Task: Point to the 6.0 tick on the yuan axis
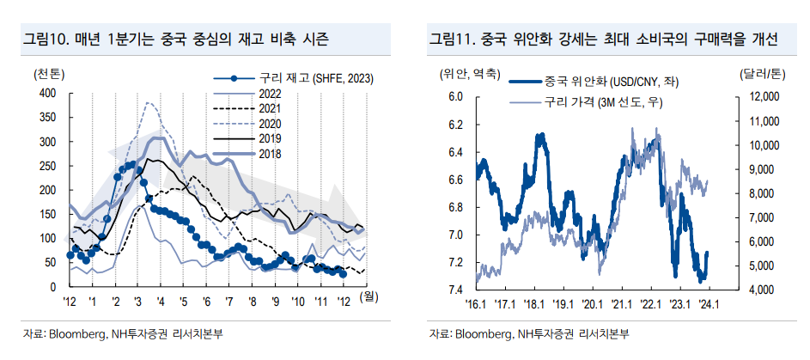click(x=456, y=98)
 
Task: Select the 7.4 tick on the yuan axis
click(x=456, y=290)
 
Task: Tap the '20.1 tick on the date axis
click(x=592, y=303)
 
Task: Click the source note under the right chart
click(x=533, y=333)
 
